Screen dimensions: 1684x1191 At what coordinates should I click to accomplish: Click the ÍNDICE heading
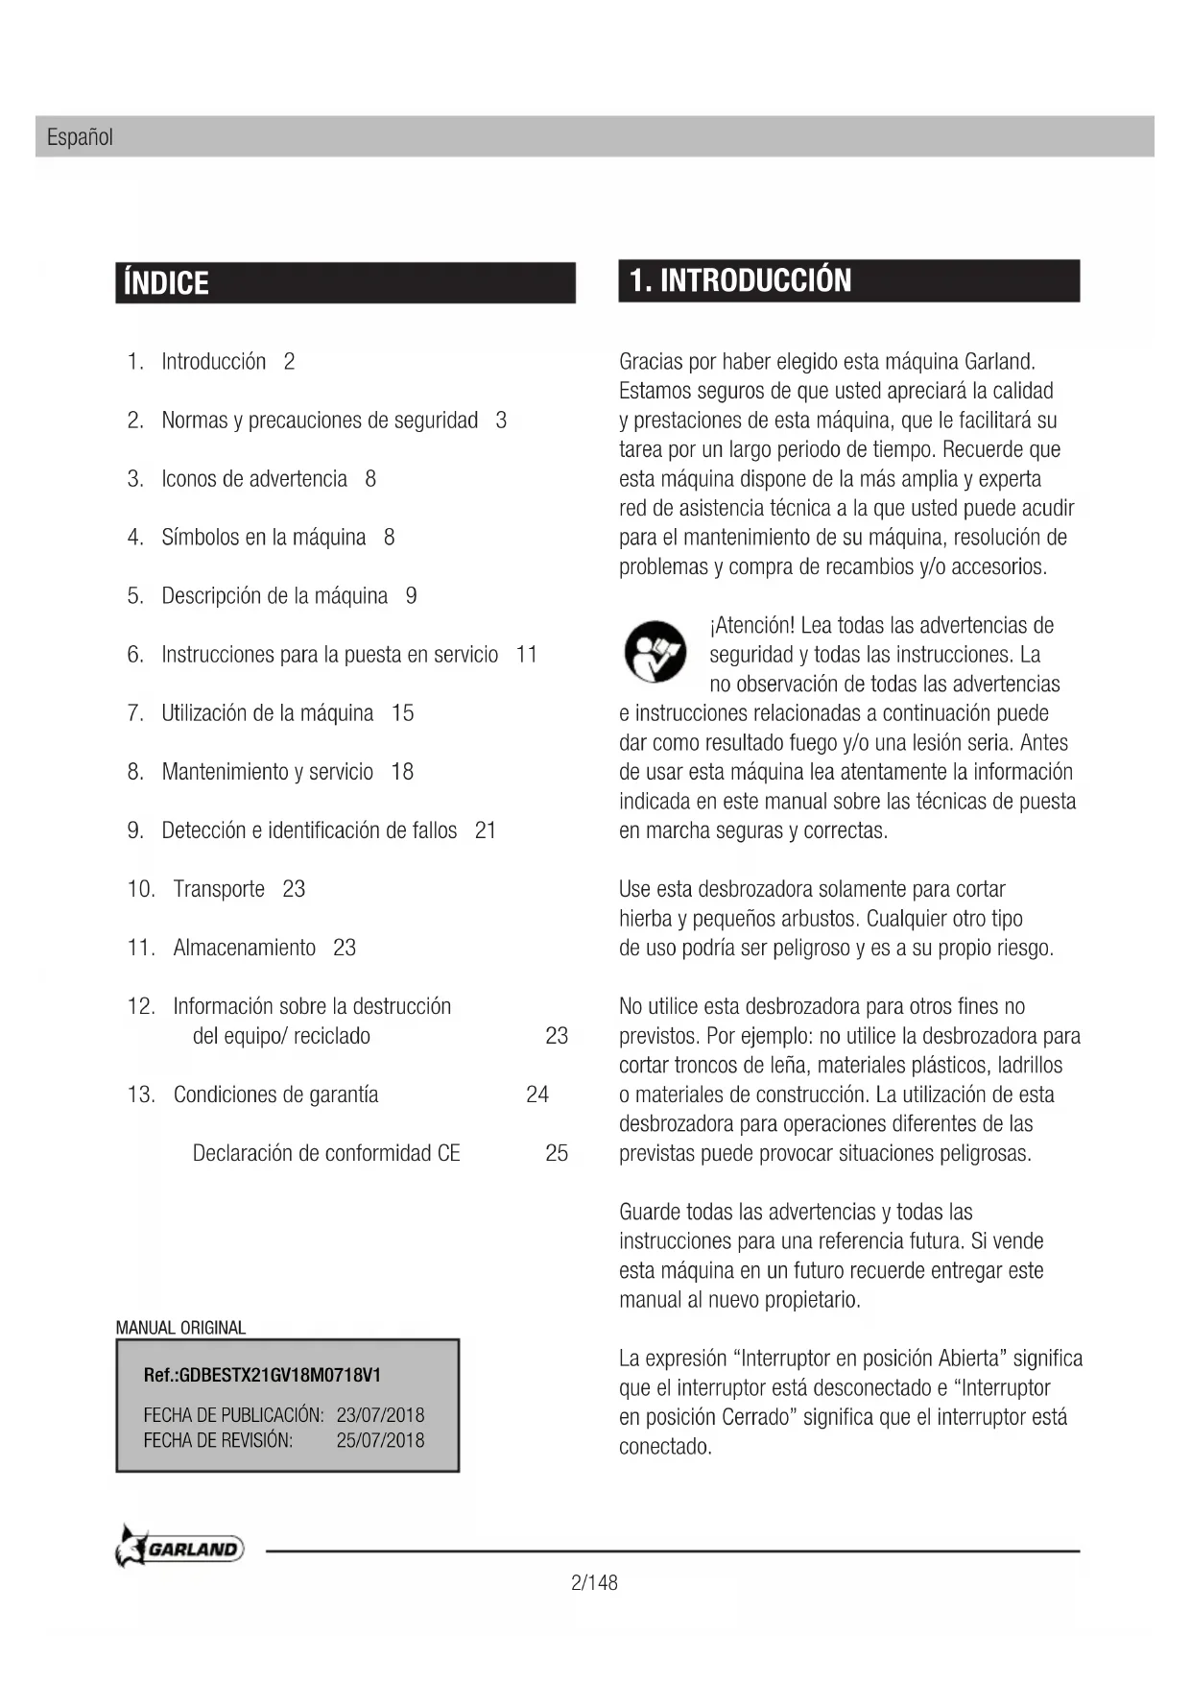coord(167,283)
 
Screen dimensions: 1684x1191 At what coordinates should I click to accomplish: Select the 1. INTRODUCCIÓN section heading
coord(740,280)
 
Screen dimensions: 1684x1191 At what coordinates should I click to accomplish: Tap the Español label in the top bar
coord(80,137)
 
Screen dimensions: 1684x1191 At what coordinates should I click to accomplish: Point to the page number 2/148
coord(594,1582)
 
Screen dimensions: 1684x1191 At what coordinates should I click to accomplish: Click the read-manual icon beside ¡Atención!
coord(655,652)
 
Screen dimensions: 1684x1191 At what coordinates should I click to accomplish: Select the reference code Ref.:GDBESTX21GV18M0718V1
coord(262,1375)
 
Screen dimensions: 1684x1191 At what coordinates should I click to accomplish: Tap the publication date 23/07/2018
coord(380,1415)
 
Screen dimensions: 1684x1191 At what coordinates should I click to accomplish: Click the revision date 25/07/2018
coord(380,1440)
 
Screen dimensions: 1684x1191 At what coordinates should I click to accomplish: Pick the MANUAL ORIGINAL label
coord(180,1328)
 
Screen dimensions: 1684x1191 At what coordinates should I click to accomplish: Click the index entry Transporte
coord(219,889)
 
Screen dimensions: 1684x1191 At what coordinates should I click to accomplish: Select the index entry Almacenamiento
coord(244,948)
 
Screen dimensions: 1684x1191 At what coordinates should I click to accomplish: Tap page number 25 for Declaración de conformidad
coord(557,1153)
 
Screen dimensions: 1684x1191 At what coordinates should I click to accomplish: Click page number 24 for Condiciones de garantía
coord(537,1095)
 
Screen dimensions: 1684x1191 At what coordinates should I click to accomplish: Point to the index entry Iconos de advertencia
coord(254,479)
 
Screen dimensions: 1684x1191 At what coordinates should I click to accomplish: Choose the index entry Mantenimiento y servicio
coord(267,772)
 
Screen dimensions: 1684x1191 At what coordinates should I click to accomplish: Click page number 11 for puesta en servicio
coord(527,655)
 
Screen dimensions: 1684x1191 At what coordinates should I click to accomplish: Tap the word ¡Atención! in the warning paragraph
coord(751,626)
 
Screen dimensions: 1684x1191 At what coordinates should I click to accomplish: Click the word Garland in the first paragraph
coord(999,362)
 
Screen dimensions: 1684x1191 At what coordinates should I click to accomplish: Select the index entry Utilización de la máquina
coord(267,713)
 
